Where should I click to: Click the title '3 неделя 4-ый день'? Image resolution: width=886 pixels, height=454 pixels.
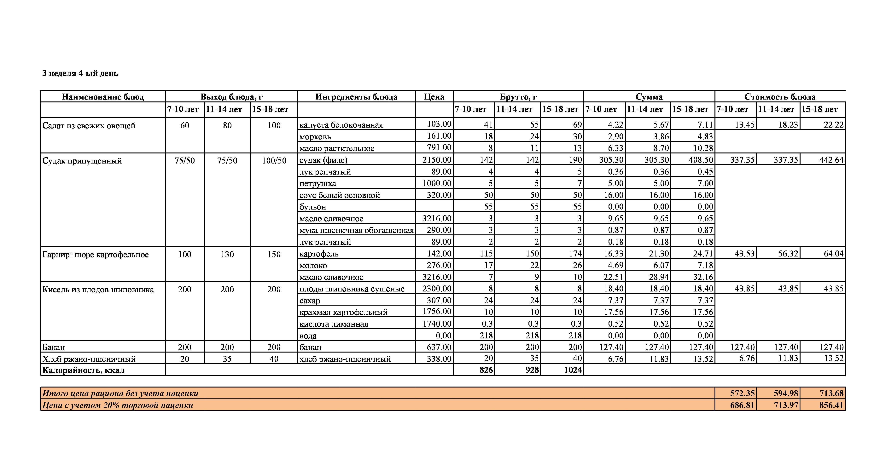[80, 73]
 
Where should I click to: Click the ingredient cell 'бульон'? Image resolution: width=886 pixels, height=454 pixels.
[313, 207]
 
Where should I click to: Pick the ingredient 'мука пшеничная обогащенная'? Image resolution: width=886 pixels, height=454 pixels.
[356, 230]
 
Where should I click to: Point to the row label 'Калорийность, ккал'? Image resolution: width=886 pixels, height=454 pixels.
[83, 370]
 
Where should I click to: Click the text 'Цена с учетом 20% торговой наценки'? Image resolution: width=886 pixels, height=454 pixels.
[118, 405]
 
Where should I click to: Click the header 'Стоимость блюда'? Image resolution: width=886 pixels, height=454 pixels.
[780, 97]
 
